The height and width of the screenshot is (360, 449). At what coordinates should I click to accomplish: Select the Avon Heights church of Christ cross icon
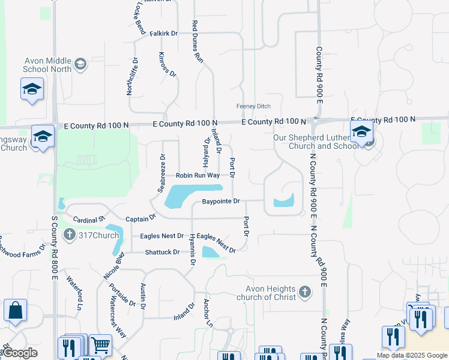tap(305, 292)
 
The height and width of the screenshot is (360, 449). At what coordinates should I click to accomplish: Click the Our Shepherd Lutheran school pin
tap(361, 133)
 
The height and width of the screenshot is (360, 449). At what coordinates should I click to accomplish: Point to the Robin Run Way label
tap(197, 176)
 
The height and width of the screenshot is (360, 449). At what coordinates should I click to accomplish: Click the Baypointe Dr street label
tap(220, 201)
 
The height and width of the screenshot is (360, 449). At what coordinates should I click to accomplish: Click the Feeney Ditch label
tap(254, 106)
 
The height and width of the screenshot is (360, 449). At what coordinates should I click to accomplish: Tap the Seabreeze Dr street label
tap(161, 172)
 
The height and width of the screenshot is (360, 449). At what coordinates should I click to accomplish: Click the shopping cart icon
tap(100, 345)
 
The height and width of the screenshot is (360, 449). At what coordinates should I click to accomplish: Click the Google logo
tap(21, 353)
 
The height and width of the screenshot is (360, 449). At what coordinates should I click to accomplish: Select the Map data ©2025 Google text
tap(412, 355)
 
